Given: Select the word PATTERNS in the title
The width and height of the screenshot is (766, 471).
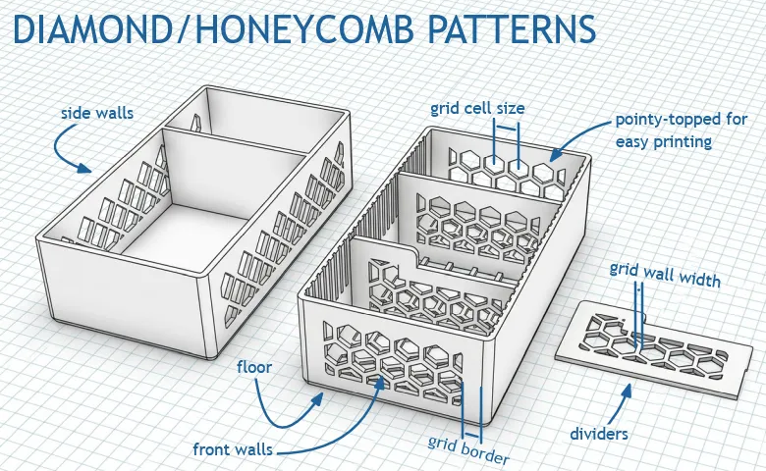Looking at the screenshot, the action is [x=512, y=29].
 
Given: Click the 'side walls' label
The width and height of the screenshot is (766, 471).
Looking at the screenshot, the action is [x=96, y=113].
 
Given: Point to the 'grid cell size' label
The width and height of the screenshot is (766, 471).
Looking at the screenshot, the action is [x=477, y=108].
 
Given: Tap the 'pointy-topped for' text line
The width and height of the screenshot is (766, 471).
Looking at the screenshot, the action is [x=681, y=120].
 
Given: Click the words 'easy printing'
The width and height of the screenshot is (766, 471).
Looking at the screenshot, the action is [x=664, y=142].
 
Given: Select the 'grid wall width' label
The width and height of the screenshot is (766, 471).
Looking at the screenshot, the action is [x=665, y=275].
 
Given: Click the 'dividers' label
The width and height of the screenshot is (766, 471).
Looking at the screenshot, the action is [x=599, y=434].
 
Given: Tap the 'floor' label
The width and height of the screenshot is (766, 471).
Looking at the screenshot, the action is [x=254, y=367].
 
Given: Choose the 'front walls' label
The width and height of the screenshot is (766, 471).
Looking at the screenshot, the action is [x=233, y=449].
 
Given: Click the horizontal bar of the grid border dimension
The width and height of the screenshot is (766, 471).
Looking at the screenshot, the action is [x=472, y=435].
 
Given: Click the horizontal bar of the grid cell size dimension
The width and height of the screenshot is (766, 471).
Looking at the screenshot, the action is [x=507, y=129].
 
